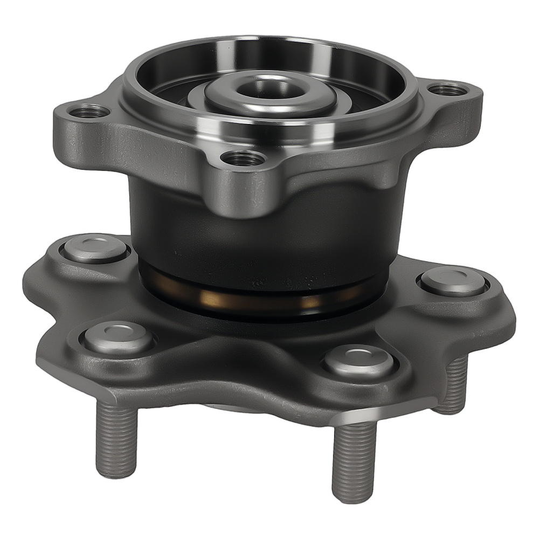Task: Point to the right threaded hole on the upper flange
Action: [x=448, y=89]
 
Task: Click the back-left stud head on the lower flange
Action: [x=95, y=248]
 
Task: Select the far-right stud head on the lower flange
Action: [x=453, y=281]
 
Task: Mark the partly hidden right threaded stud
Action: [x=455, y=385]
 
